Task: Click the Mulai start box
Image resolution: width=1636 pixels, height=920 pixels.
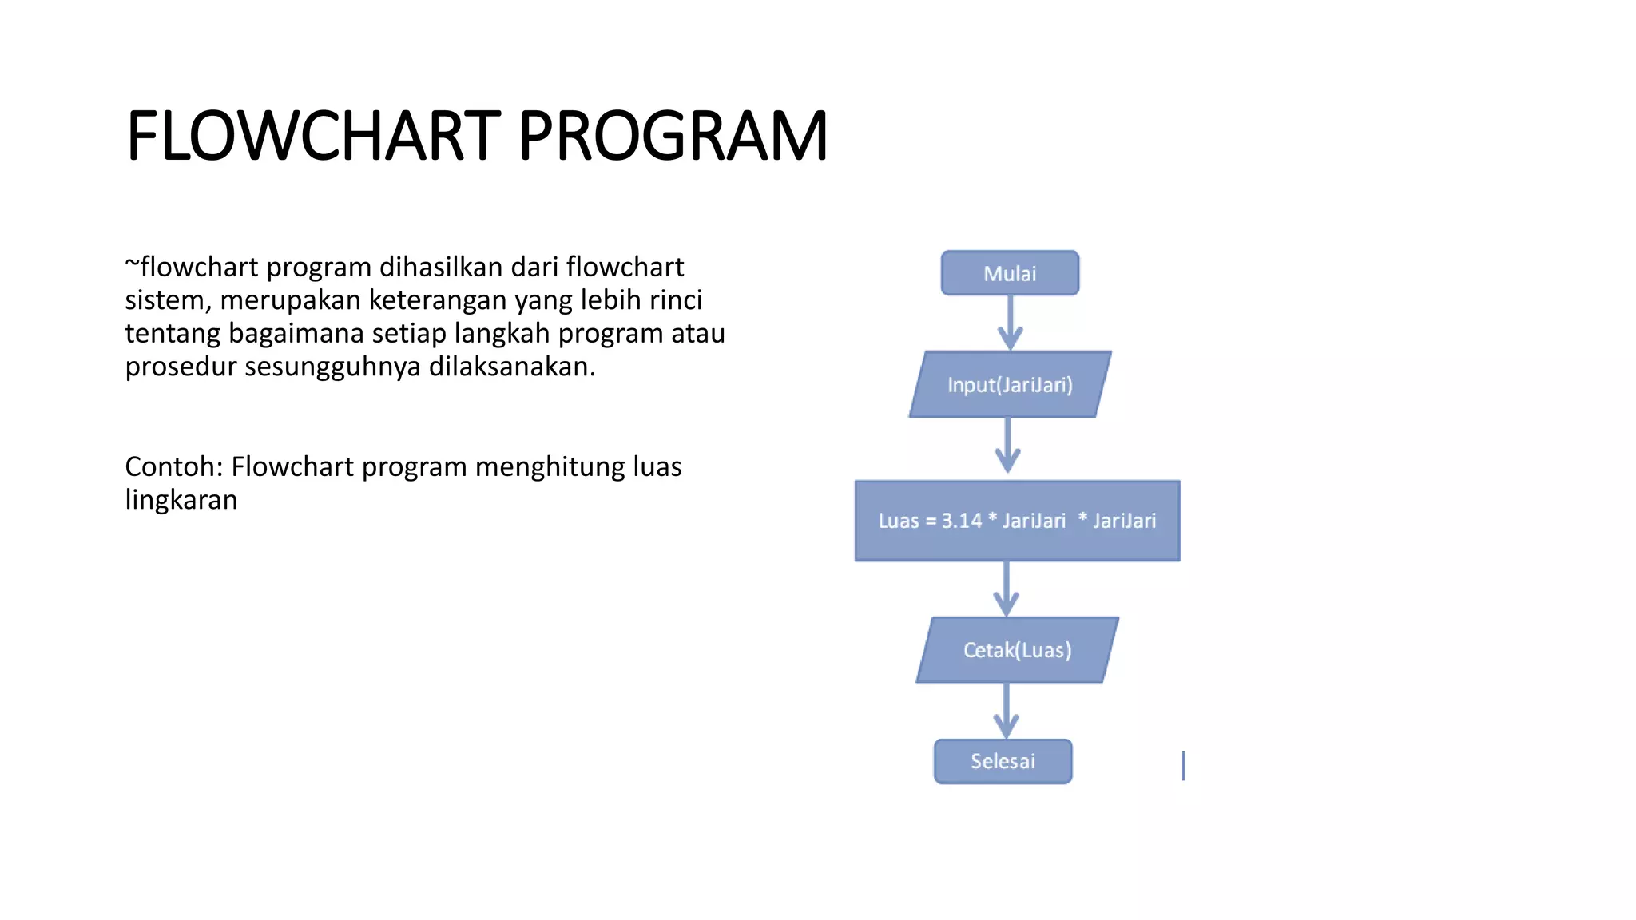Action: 1010,273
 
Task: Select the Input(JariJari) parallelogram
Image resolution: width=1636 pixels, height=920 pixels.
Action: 1010,385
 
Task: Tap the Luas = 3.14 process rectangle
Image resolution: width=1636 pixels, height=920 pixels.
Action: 1017,521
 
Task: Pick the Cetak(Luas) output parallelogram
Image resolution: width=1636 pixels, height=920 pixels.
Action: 1017,650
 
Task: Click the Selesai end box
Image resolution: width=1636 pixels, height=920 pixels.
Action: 1003,761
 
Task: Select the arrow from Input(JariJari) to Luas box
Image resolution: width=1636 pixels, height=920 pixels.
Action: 1008,446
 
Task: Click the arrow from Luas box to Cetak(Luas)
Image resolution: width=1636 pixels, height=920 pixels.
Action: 1007,588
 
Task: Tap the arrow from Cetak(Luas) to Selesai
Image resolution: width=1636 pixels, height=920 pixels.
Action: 1007,710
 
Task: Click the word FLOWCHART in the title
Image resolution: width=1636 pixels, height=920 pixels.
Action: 313,136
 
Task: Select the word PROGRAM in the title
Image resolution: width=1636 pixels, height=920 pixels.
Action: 673,136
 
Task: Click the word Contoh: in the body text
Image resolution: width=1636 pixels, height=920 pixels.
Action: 173,466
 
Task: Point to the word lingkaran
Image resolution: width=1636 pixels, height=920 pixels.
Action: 181,500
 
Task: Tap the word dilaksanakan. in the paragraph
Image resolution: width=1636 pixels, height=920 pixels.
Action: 512,367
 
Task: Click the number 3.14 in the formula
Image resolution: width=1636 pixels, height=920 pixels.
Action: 961,521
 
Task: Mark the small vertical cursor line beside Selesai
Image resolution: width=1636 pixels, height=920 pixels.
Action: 1183,765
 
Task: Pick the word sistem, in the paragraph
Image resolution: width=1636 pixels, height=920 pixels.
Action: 168,300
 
